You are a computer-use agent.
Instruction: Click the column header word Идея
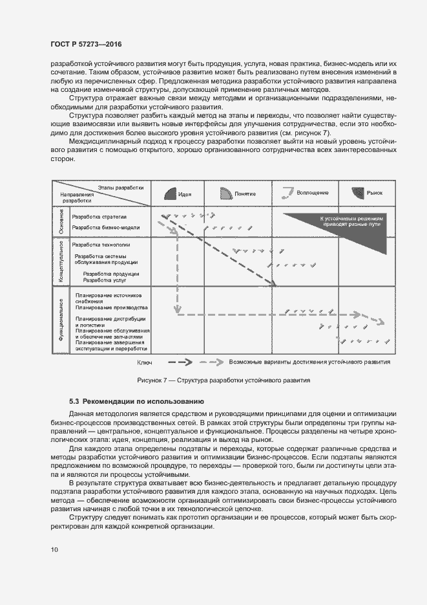pos(185,194)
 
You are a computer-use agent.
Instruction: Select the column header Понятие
pos(245,194)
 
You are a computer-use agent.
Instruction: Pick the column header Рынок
pos(375,193)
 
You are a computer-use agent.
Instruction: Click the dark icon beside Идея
pos(169,193)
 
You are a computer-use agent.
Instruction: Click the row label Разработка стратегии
pos(99,217)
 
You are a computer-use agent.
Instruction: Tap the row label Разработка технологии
pos(101,245)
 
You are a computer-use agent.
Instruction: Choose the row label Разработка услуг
pos(102,280)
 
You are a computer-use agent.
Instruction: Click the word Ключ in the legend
pos(144,363)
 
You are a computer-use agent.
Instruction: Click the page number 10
pos(54,549)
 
